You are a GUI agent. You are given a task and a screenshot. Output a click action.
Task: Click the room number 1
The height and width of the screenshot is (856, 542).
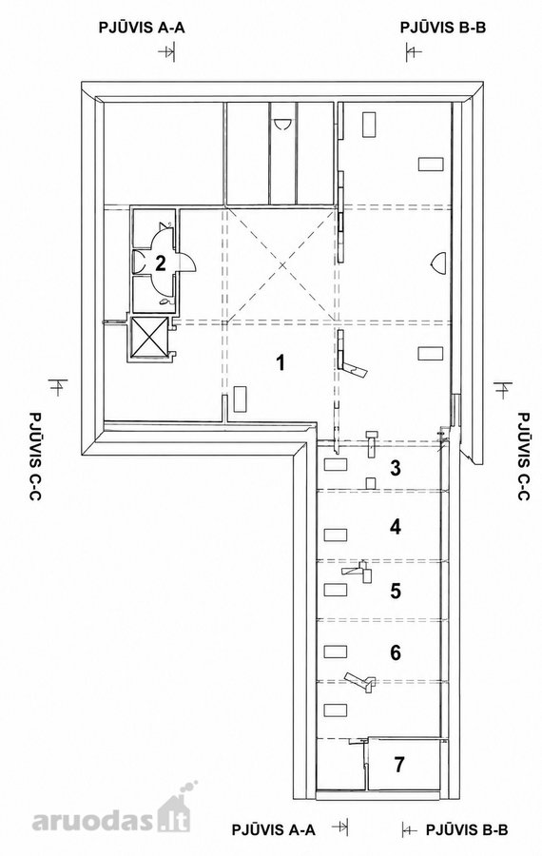point(281,362)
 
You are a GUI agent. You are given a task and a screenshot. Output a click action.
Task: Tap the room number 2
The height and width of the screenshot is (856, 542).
point(161,263)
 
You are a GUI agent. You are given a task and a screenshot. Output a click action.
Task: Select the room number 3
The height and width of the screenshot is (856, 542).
point(396,468)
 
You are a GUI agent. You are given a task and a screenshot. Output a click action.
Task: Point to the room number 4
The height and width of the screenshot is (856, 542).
point(396,527)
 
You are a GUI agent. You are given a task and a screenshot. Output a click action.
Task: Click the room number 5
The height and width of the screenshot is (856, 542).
point(396,590)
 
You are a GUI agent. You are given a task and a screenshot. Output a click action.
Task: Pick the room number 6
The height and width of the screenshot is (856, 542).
point(396,652)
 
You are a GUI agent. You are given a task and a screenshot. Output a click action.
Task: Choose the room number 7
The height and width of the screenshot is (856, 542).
point(399,765)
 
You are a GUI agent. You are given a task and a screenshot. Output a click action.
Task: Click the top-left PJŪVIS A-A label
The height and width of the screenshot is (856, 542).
point(142,28)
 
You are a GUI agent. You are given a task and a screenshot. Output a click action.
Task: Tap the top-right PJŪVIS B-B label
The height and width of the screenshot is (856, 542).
point(443,28)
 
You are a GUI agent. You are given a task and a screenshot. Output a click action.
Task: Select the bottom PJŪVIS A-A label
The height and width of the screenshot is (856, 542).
point(274,830)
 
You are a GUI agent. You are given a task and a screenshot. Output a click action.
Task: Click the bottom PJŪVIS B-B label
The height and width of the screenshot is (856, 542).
point(467,830)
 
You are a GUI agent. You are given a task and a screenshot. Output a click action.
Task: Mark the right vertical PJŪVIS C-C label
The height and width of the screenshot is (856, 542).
point(523,457)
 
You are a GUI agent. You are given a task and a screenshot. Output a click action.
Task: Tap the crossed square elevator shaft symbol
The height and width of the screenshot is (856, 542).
point(149,338)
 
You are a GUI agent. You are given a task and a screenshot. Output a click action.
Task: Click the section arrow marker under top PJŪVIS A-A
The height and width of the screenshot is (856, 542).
point(166,52)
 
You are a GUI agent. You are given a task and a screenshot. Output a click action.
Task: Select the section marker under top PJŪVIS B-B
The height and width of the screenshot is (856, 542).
point(414,52)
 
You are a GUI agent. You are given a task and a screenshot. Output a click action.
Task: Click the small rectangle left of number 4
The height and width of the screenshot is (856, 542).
point(335,534)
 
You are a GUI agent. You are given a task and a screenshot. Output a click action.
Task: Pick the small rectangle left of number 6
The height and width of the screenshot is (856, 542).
point(335,651)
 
